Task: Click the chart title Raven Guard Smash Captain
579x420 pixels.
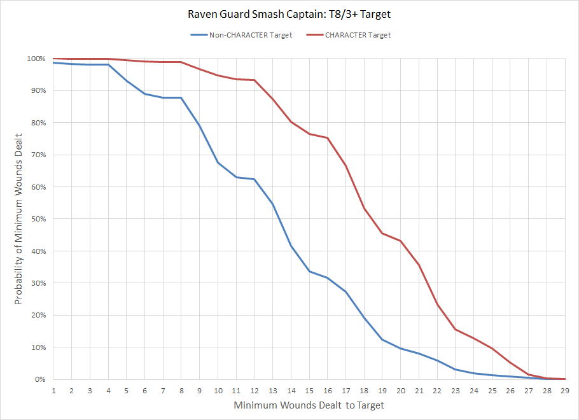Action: click(289, 13)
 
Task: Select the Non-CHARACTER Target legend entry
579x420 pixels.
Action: click(251, 35)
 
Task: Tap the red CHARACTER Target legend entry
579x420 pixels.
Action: click(358, 35)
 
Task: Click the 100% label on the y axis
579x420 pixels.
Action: click(36, 59)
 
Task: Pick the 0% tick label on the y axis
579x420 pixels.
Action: click(39, 379)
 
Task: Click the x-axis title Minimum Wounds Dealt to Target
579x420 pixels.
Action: click(309, 405)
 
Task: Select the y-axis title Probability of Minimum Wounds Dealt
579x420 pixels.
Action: click(19, 219)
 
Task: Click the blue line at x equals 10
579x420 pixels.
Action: click(218, 163)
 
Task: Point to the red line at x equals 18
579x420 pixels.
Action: click(364, 209)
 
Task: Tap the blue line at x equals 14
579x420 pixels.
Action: click(291, 246)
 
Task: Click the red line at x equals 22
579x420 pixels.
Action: click(437, 304)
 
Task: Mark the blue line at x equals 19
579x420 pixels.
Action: click(382, 339)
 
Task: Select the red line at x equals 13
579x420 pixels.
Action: click(272, 99)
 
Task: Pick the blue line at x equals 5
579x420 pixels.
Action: click(126, 80)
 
